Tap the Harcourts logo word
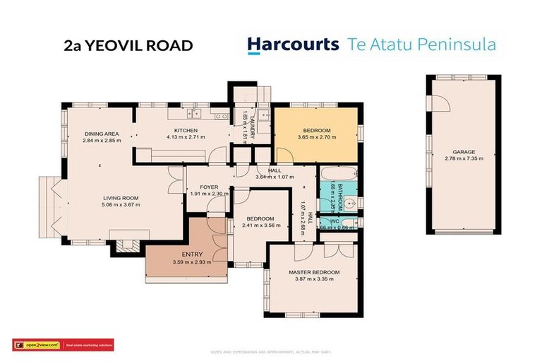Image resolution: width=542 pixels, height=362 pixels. click(292, 45)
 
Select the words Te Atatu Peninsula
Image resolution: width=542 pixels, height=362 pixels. click(421, 45)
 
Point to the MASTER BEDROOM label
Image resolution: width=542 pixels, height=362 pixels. click(314, 272)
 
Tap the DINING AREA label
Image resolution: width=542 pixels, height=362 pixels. click(101, 134)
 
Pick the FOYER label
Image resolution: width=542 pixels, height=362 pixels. click(209, 187)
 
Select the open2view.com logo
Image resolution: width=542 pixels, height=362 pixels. click(37, 345)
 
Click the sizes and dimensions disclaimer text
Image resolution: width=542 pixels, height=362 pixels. click(271, 351)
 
